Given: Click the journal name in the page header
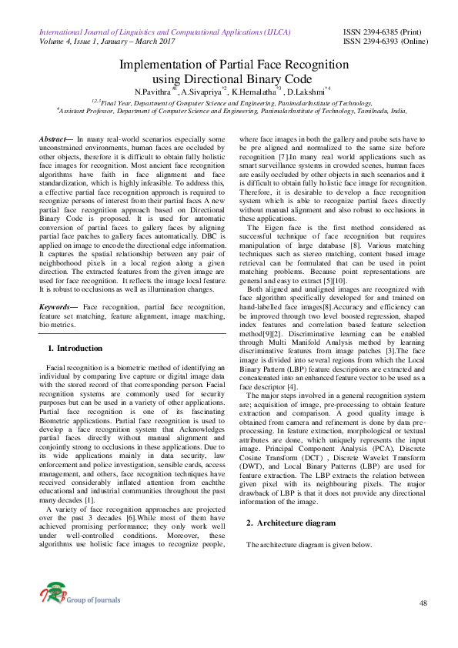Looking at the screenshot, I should coord(155,33).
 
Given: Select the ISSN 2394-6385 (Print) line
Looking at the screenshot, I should coord(384,33).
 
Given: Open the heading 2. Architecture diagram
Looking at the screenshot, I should coord(291,523).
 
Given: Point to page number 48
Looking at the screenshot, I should coord(423,603).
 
